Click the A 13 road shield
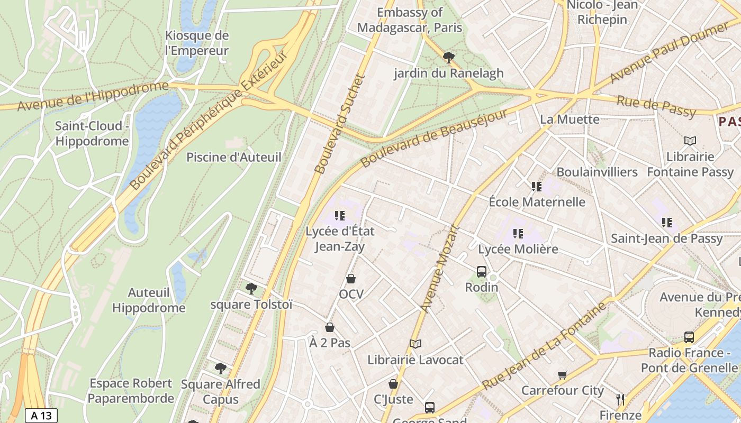pos(41,416)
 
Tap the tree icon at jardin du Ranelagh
pos(449,57)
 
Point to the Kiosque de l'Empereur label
pos(196,43)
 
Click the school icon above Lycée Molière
pos(518,233)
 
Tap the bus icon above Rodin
pos(481,272)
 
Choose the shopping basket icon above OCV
pos(350,279)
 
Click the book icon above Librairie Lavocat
pos(415,344)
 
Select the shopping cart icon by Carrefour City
pos(562,375)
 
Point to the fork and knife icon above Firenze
pos(620,399)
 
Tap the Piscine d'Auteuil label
pos(234,157)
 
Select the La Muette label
pos(570,119)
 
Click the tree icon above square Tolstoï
pos(251,288)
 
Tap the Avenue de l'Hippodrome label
pos(93,96)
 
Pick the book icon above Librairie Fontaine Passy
pos(690,141)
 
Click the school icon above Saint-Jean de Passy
pos(666,223)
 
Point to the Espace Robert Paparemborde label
pos(131,390)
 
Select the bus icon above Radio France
pos(689,337)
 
